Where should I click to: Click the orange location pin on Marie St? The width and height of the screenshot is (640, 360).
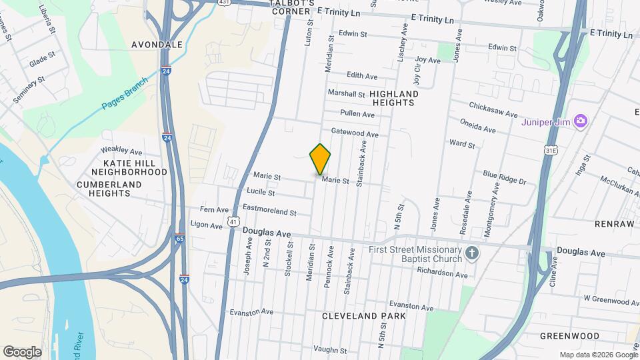coord(320,159)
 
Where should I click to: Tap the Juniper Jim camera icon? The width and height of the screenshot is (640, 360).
coord(581,121)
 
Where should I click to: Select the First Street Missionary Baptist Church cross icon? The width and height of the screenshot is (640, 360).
coord(472,253)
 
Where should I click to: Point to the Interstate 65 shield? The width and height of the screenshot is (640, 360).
coord(180,237)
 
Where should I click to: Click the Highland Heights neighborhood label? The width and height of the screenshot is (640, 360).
coord(393,98)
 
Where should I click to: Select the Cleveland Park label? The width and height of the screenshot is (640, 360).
coord(363,315)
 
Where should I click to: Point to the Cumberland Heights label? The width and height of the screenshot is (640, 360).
coord(103,188)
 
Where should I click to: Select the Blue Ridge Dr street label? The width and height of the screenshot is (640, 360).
coord(505,177)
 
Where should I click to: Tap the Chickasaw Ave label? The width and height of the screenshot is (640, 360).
coord(493,109)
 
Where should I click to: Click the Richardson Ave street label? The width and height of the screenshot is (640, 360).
coord(443,273)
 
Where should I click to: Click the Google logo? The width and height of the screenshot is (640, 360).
coord(22,352)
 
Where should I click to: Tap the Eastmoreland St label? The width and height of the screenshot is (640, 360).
coord(269,211)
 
